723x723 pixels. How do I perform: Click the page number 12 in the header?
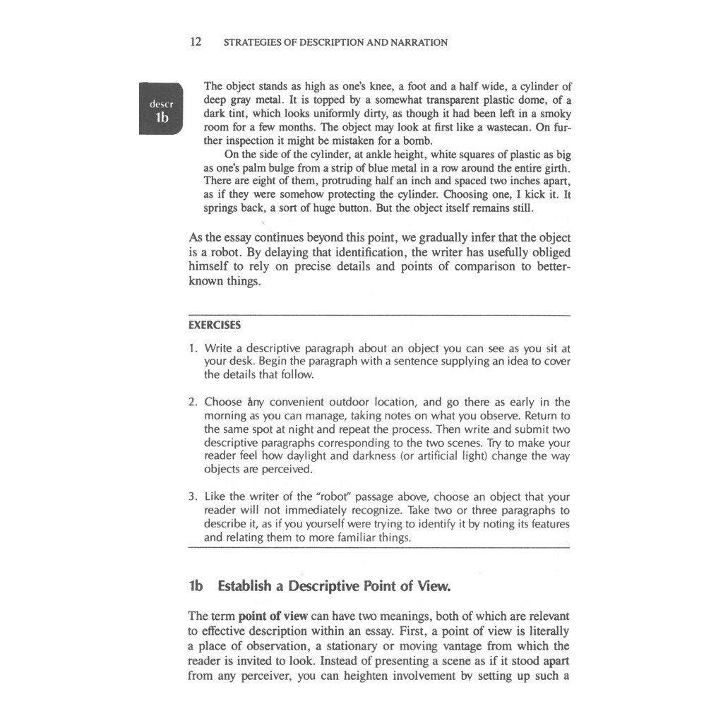(x=196, y=42)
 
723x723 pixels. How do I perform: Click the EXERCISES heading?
(x=215, y=325)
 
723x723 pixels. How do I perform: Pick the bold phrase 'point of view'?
(x=273, y=616)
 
